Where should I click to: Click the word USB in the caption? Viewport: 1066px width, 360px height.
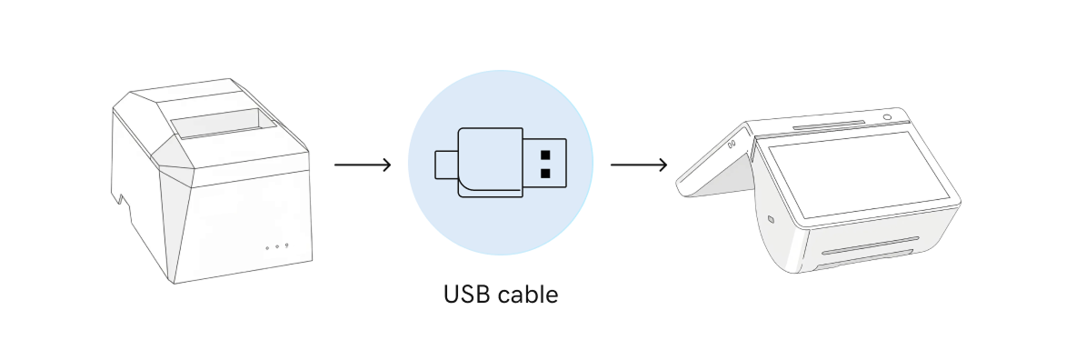point(465,295)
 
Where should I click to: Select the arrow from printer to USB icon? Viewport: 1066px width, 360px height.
point(363,165)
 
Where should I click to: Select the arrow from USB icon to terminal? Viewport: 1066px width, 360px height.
point(639,165)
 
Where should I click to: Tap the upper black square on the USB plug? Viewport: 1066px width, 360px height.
point(545,154)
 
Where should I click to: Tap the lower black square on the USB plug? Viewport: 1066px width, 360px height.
point(545,173)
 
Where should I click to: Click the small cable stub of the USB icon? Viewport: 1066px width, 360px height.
point(446,164)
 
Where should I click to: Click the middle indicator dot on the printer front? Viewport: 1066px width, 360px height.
point(277,246)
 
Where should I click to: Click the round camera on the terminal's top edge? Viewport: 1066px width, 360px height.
point(886,117)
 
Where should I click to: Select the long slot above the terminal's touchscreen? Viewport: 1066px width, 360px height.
point(828,125)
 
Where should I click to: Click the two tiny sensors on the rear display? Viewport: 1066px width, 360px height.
point(732,142)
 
